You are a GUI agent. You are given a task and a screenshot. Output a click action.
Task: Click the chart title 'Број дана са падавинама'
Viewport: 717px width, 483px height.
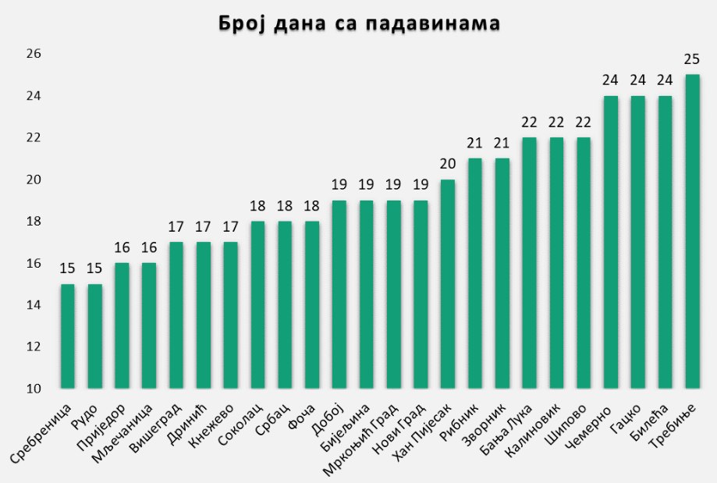pos(358,24)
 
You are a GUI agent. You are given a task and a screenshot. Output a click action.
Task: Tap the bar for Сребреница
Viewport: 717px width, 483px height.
pos(68,336)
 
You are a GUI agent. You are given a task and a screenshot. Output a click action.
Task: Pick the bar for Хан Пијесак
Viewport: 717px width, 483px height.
pos(448,284)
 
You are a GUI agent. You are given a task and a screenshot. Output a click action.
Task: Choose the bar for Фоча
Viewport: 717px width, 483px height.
pos(312,304)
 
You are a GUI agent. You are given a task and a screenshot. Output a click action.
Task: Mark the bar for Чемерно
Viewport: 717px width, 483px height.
pos(611,242)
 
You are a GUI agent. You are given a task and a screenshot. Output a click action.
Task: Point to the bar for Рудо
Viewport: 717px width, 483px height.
pos(95,336)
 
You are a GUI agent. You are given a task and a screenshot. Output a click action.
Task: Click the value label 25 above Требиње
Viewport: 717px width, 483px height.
pos(692,59)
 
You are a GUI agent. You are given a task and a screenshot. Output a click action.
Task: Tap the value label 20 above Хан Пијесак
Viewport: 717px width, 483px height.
pos(448,165)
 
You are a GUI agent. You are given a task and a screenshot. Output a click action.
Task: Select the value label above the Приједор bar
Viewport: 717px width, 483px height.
pos(122,248)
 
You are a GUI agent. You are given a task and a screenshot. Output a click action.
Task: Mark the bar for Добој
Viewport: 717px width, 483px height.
pos(339,294)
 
